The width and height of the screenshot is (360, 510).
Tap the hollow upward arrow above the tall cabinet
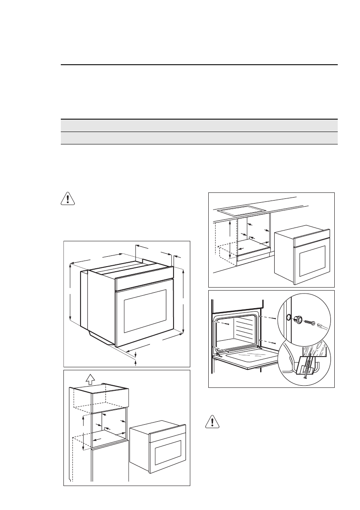90,378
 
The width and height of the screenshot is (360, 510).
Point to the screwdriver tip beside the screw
322,325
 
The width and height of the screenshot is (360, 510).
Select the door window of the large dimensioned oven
145,311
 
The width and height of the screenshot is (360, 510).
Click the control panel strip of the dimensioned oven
144,282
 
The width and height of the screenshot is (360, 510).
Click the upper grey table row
199,125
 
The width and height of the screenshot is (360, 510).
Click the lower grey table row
199,138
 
